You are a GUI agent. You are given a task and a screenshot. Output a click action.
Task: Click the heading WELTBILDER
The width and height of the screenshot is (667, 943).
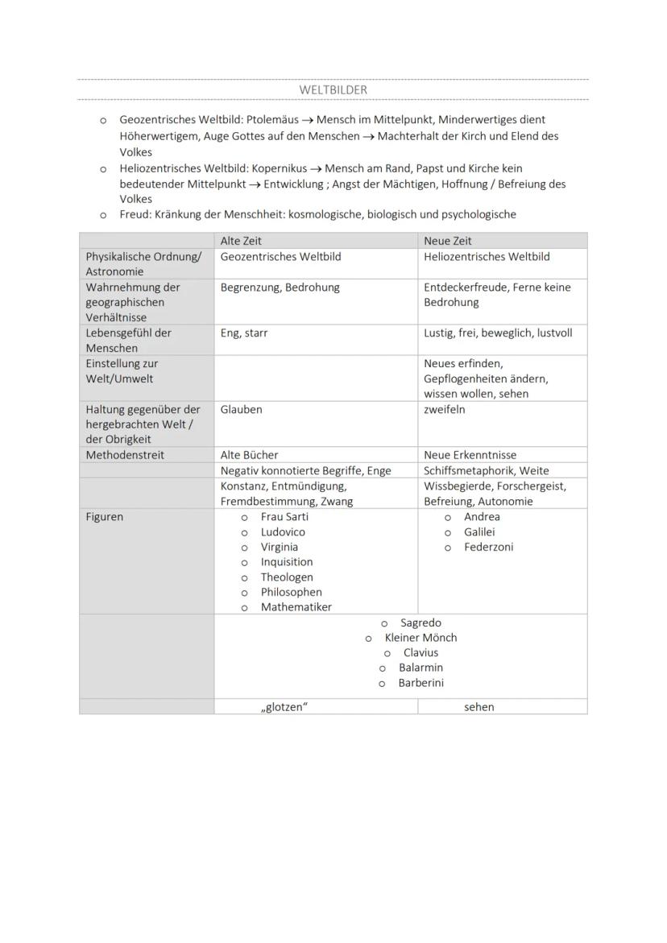click(x=333, y=90)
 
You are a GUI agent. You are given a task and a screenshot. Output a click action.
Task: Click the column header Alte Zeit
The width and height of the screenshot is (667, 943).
click(x=241, y=241)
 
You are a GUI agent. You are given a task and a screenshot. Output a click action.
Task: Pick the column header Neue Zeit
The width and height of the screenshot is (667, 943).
click(x=448, y=241)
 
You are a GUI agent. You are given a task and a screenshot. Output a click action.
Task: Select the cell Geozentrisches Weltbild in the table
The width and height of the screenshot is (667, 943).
click(x=280, y=256)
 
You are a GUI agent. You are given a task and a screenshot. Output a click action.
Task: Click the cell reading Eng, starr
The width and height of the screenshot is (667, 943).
click(x=244, y=333)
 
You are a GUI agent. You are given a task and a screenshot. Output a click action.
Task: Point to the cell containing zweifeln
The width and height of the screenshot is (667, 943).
click(x=445, y=409)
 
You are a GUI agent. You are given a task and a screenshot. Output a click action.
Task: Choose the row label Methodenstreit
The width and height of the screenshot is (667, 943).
click(x=125, y=455)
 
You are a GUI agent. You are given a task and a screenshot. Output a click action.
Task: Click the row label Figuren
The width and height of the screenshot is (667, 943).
click(x=105, y=517)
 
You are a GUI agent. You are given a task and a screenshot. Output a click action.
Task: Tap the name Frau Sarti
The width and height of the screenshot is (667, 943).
click(x=284, y=517)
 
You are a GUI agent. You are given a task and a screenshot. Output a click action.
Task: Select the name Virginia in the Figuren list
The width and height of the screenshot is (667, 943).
click(x=279, y=547)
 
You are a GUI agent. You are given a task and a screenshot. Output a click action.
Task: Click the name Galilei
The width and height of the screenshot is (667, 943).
click(x=479, y=531)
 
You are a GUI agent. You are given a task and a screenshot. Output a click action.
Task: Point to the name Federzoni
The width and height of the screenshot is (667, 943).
click(x=488, y=547)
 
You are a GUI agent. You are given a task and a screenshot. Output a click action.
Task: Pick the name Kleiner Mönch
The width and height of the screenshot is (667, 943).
click(x=420, y=638)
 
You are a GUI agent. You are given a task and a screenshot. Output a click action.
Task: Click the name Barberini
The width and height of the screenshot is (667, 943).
click(x=421, y=683)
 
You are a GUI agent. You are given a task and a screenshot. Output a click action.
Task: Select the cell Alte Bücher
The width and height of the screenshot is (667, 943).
click(x=250, y=455)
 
